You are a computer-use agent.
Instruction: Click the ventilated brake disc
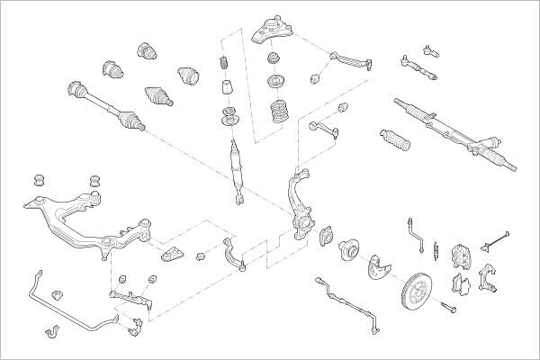418,287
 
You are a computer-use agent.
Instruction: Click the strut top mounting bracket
270,31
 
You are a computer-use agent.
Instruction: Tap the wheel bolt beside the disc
449,310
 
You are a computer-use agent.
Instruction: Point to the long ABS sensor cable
346,297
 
